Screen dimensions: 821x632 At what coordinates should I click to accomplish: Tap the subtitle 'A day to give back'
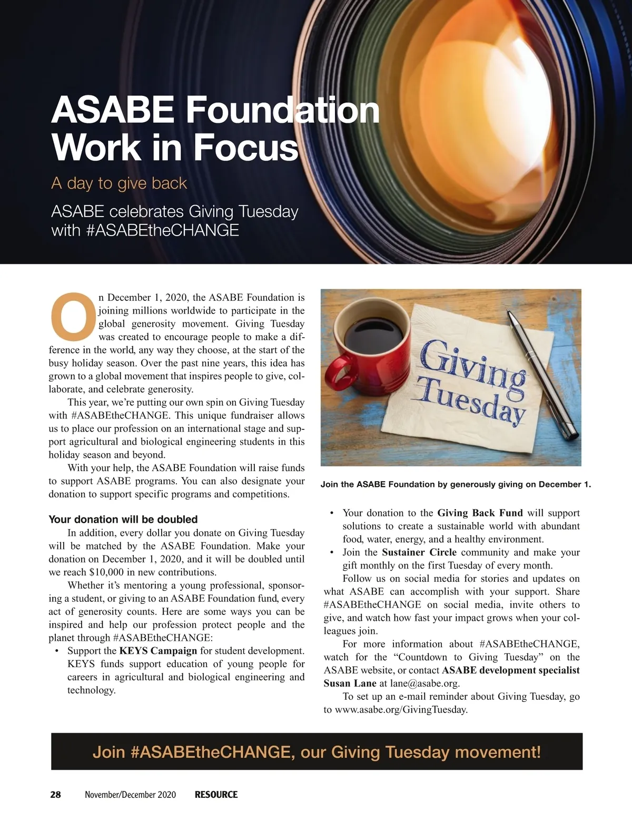tap(119, 183)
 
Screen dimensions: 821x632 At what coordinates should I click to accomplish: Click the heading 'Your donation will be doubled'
tap(123, 520)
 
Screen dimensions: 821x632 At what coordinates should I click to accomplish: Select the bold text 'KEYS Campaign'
tap(158, 651)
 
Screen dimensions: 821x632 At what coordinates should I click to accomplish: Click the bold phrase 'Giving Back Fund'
tap(480, 513)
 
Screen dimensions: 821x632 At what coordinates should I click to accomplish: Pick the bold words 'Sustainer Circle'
tap(419, 552)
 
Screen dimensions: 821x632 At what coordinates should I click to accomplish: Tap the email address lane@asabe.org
tap(424, 683)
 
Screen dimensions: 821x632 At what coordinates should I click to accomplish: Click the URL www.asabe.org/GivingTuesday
tap(401, 710)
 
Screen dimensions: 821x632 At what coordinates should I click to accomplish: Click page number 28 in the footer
tap(55, 794)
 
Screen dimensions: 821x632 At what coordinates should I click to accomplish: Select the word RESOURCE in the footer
tap(216, 794)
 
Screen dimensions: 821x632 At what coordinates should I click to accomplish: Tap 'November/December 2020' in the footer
tap(130, 794)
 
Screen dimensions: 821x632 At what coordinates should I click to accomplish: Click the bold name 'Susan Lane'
tap(350, 683)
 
